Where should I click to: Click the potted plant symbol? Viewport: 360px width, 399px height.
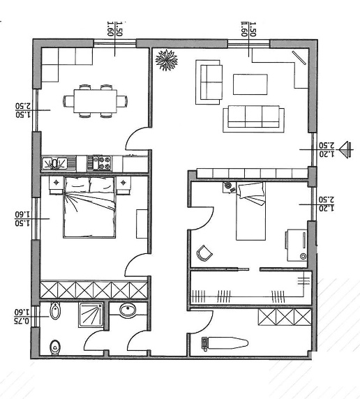[167, 60]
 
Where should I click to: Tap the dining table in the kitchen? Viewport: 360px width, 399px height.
[95, 100]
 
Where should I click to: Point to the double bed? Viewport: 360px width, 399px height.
[89, 207]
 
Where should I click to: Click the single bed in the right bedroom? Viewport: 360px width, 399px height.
[250, 211]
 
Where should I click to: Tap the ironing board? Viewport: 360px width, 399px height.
[225, 342]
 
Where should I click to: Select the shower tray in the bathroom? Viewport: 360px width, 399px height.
[91, 315]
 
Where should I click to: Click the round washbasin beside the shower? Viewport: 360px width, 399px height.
[128, 310]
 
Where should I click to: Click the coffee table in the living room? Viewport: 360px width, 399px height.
[250, 84]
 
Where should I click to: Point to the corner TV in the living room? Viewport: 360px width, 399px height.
[299, 58]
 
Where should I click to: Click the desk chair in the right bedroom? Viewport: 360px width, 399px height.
[204, 253]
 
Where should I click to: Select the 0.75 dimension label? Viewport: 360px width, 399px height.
[22, 321]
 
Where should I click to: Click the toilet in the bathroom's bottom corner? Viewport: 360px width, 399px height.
[55, 347]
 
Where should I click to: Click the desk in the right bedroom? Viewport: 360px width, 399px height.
[297, 245]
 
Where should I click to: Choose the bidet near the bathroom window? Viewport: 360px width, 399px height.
[55, 310]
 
